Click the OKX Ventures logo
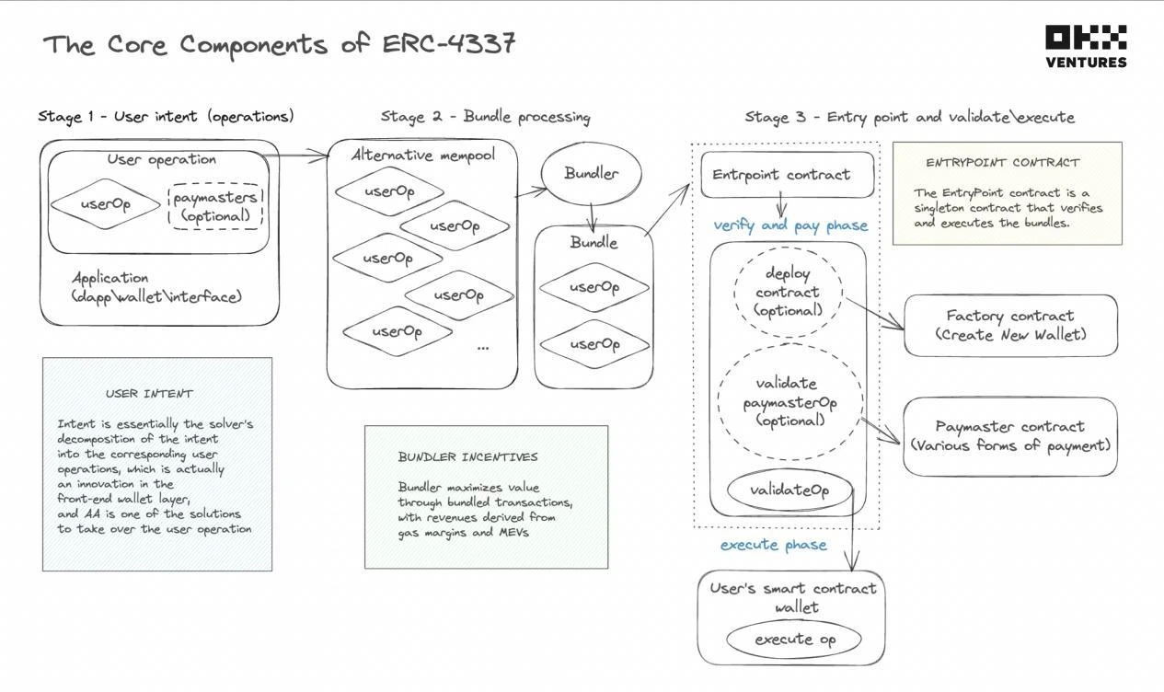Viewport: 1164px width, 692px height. click(1086, 47)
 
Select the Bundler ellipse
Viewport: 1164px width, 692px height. click(591, 173)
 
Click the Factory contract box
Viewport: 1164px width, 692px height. click(1010, 326)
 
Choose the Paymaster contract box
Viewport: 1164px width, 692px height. click(1009, 436)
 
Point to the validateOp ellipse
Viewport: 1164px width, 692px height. click(789, 490)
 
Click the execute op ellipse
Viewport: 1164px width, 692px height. click(794, 640)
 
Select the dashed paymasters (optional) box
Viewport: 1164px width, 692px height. click(216, 206)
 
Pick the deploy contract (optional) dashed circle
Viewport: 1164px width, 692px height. click(788, 292)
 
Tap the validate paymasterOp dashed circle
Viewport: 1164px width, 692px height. click(789, 402)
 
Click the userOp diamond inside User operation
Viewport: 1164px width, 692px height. click(105, 204)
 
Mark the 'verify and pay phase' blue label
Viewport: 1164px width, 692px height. click(789, 225)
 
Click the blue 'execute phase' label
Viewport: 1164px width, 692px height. click(773, 545)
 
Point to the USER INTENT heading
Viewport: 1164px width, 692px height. click(149, 394)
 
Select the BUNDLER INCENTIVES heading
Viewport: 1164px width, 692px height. click(467, 456)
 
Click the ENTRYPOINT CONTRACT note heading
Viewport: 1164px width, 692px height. click(1002, 163)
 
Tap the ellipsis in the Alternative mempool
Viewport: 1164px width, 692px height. click(483, 348)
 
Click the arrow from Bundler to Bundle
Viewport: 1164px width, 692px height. click(593, 217)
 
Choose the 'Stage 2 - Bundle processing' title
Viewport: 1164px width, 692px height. click(485, 117)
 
